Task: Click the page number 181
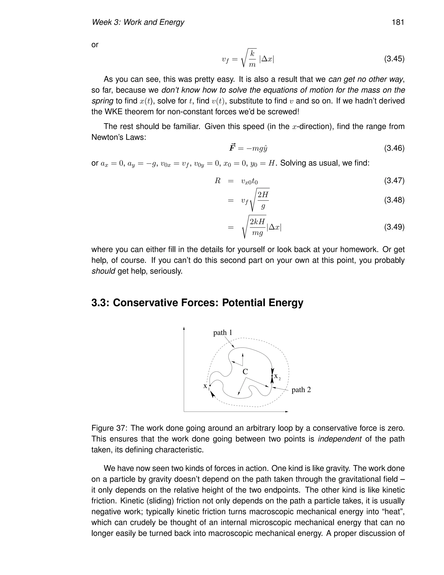click(398, 22)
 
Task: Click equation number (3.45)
click(394, 59)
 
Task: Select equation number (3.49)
click(394, 227)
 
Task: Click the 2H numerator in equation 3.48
click(263, 195)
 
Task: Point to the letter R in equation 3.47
click(217, 181)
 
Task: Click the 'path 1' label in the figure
click(222, 332)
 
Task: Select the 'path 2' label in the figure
click(301, 390)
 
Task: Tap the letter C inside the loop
click(245, 372)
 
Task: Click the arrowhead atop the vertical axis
click(184, 328)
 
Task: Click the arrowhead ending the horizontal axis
click(287, 411)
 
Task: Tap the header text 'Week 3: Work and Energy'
click(138, 22)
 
